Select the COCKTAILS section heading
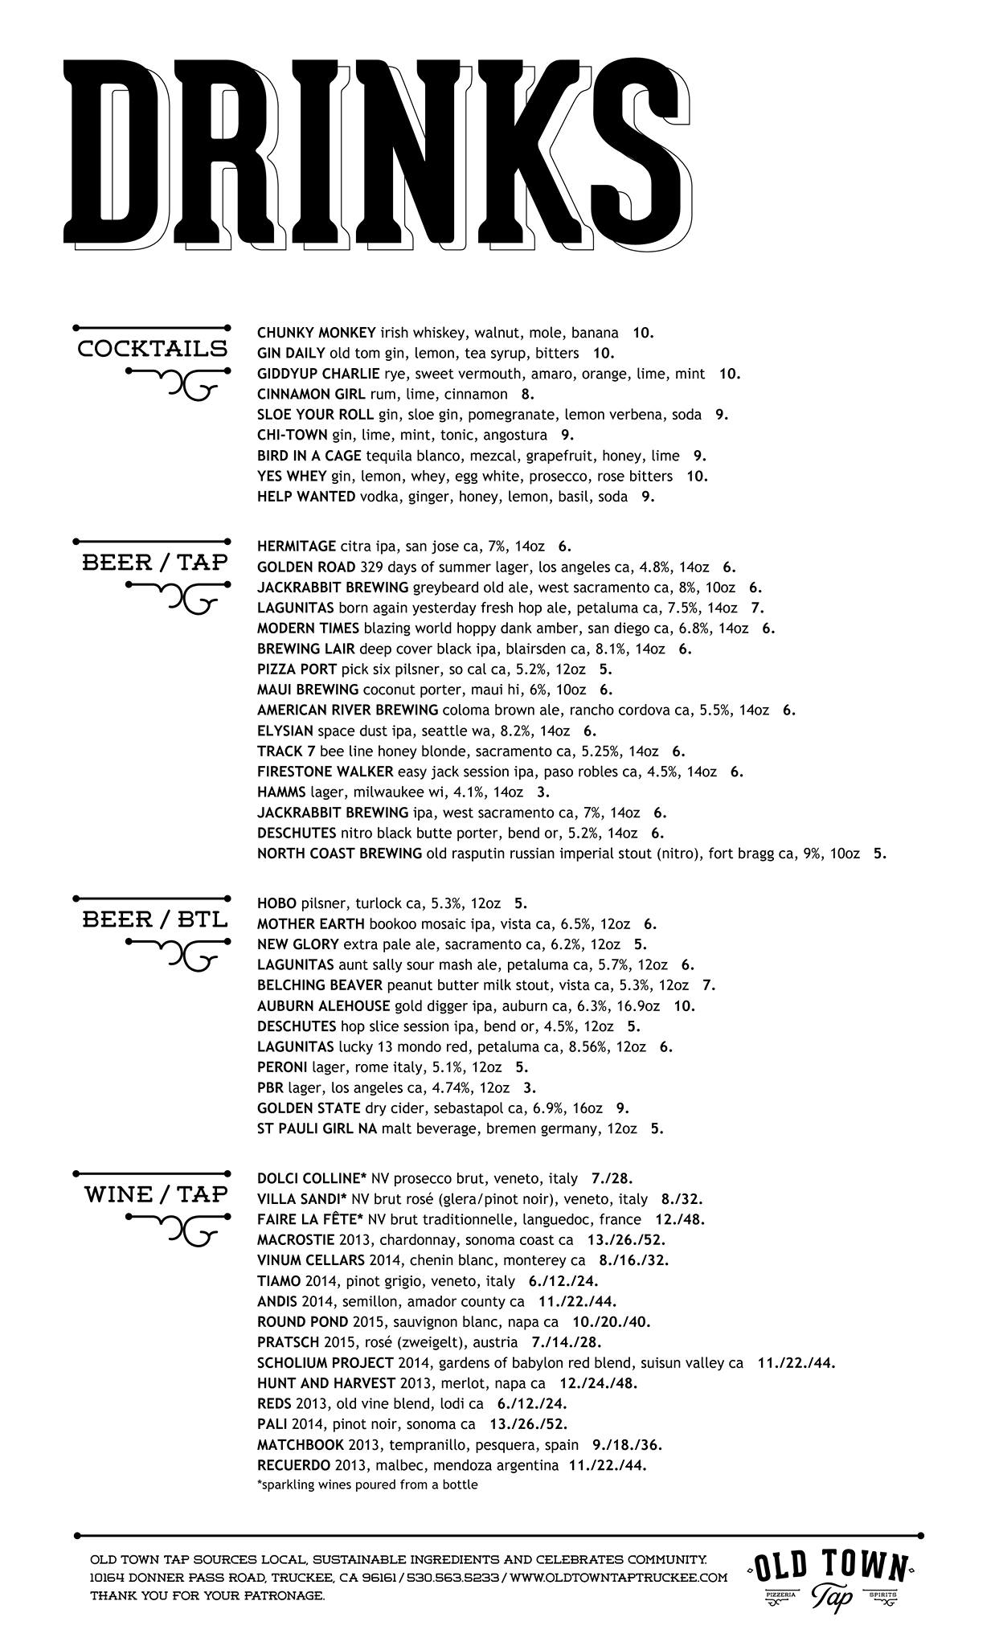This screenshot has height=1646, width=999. click(152, 349)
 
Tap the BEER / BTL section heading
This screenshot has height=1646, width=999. click(154, 919)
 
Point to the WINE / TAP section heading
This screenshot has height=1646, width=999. click(156, 1194)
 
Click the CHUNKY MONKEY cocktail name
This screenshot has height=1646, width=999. click(317, 333)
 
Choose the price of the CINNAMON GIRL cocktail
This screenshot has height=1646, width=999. click(527, 394)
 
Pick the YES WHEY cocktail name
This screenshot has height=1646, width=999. click(292, 476)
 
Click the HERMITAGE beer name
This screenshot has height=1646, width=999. click(297, 547)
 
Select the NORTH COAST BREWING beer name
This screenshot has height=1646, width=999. click(339, 854)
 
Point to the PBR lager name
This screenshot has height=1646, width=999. click(270, 1088)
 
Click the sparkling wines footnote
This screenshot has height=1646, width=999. click(367, 1485)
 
